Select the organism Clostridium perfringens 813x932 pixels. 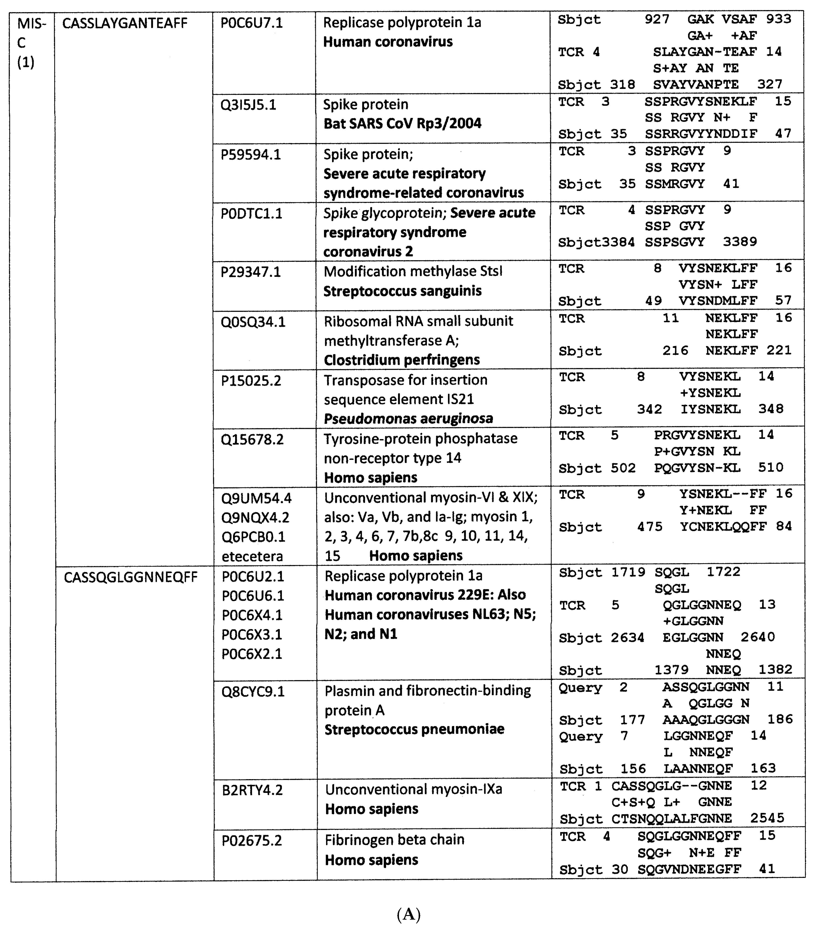(x=401, y=360)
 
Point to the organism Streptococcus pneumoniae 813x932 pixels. (x=414, y=729)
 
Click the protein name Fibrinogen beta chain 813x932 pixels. (x=394, y=840)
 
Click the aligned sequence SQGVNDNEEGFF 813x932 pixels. (x=689, y=869)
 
